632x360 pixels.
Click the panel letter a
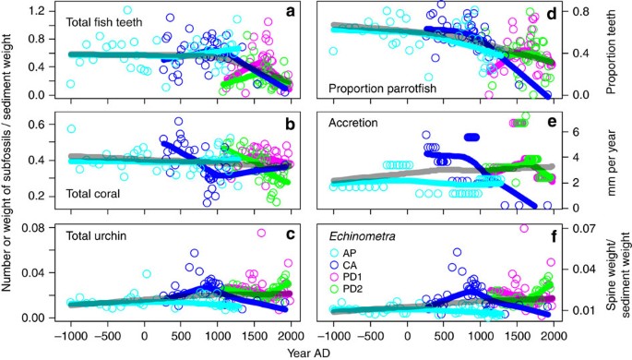tap(290, 13)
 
